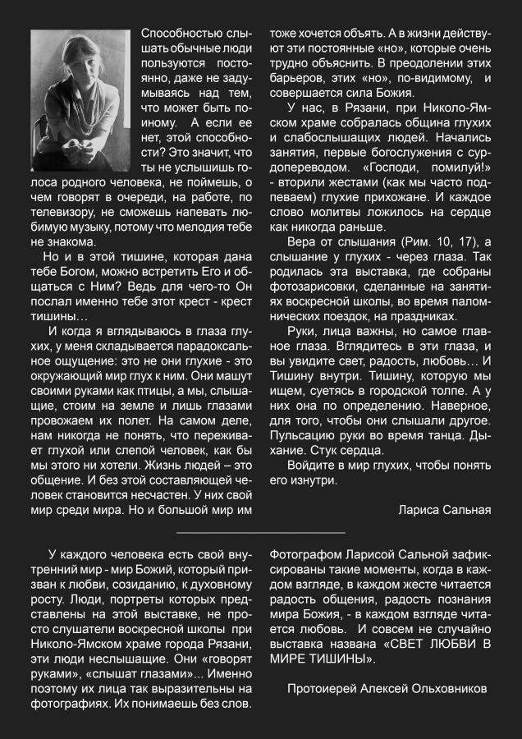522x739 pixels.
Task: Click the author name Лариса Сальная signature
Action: click(x=444, y=510)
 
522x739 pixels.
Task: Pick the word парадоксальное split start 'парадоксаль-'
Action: click(x=216, y=345)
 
